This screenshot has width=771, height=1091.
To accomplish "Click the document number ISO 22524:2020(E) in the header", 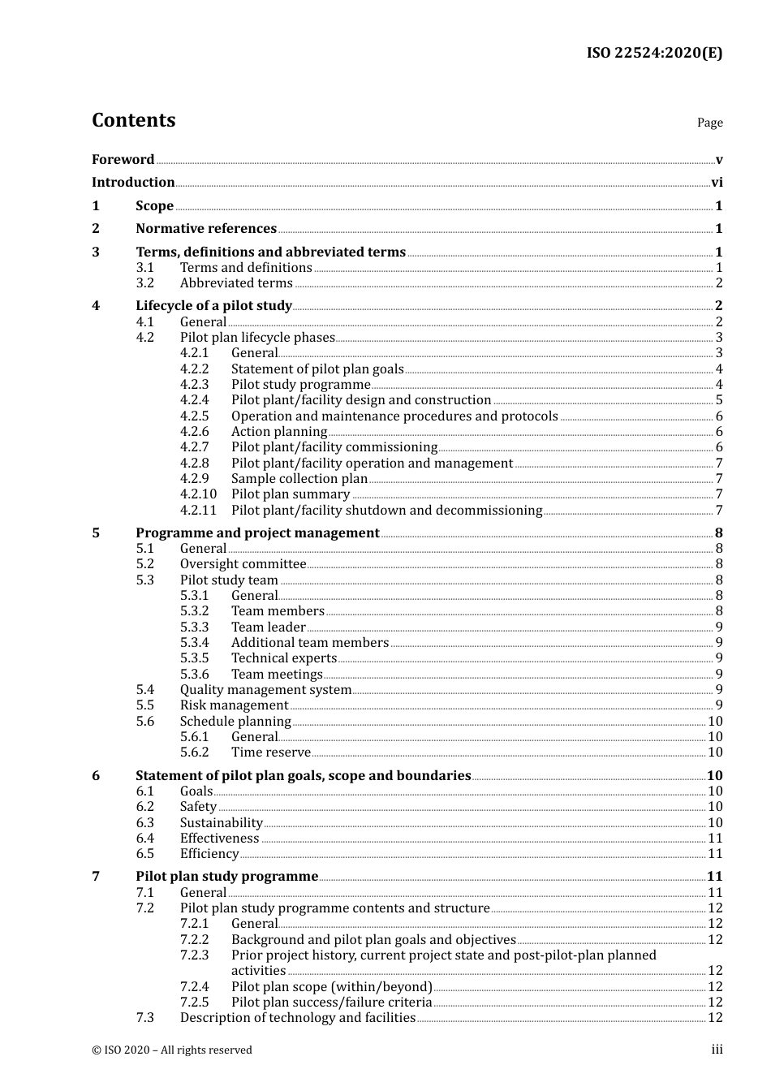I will click(x=654, y=53).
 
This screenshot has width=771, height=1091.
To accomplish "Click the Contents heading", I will click(x=133, y=120).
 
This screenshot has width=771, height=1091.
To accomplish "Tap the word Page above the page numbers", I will click(x=709, y=123).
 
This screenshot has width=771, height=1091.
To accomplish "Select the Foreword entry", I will click(x=123, y=159).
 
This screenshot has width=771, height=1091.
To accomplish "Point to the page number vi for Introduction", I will click(x=717, y=183).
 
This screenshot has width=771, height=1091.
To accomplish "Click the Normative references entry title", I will click(x=206, y=229).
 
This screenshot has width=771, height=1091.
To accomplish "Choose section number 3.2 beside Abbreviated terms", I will click(x=144, y=283).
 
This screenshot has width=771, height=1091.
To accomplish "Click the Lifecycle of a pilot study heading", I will click(x=213, y=306).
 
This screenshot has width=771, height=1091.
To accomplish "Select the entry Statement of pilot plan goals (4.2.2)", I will click(x=317, y=369).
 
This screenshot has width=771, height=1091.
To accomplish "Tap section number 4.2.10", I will click(x=198, y=494).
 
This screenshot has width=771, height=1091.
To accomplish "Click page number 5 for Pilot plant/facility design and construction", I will click(x=719, y=400).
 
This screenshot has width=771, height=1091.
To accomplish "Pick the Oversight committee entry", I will click(x=243, y=564).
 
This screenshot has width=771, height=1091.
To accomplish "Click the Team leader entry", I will click(x=268, y=627).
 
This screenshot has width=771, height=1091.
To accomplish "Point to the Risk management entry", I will click(x=234, y=705).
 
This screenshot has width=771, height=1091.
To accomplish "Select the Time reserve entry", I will click(x=270, y=752).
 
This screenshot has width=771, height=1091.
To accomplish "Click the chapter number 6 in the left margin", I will click(x=96, y=776).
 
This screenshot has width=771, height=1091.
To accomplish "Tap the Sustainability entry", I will click(x=221, y=823).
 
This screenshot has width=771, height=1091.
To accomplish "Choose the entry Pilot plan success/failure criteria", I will click(x=331, y=1003).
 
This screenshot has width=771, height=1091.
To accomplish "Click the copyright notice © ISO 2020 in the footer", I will click(x=172, y=1050).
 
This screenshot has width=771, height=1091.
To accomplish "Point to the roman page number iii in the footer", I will click(x=717, y=1050).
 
